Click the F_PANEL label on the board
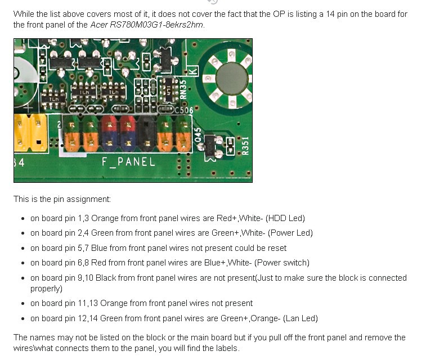pos(128,162)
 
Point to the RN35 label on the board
pos(183,88)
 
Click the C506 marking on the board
pos(183,110)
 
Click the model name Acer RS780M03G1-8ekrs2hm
pos(147,25)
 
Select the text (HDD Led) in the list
pos(285,218)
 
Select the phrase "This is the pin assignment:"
pos(62,199)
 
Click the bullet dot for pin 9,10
pos(23,278)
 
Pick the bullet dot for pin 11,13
pos(23,304)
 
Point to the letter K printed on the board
pos(192,71)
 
